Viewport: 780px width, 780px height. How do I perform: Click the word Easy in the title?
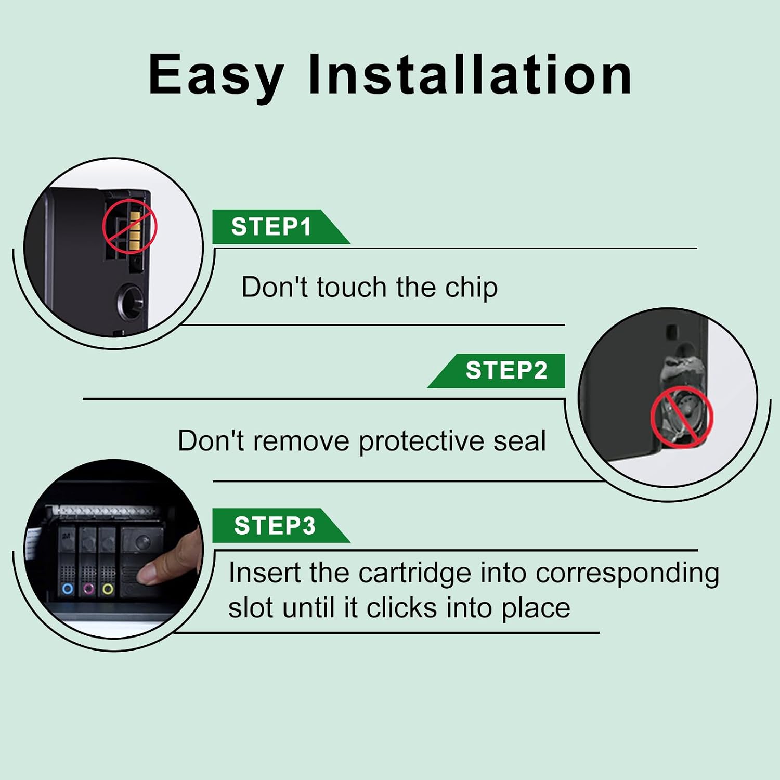click(x=216, y=76)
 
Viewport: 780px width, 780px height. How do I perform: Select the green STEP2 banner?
click(x=497, y=371)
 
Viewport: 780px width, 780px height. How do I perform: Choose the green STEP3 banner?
click(x=281, y=525)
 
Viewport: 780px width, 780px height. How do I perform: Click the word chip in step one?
click(x=471, y=288)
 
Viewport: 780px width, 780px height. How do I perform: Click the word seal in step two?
click(x=519, y=441)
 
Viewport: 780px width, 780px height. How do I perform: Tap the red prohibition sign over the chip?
click(x=129, y=227)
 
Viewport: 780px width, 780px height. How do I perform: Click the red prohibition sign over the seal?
click(x=681, y=417)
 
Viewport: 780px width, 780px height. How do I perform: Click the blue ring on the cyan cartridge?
click(x=67, y=589)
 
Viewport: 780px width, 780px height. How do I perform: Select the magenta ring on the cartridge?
click(x=88, y=589)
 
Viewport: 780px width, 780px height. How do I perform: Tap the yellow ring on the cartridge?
click(x=108, y=589)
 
